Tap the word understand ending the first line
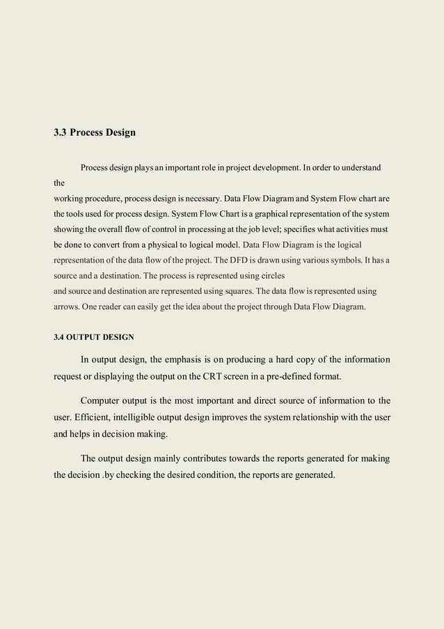[357, 168]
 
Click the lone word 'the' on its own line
[59, 184]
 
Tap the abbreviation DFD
[242, 260]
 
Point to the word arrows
[68, 306]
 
